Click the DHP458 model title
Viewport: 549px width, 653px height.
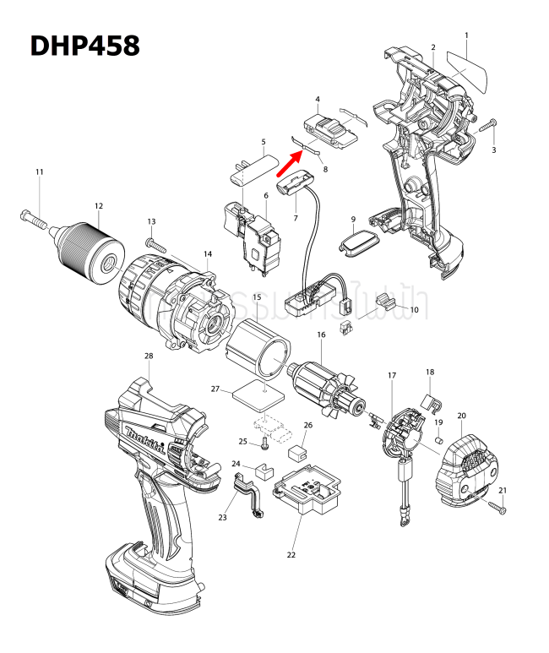coord(84,46)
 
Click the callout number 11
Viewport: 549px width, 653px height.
coord(39,172)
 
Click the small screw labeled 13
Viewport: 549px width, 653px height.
coord(158,242)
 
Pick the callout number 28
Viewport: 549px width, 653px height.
coord(149,356)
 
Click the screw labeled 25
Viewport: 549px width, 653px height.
coord(264,443)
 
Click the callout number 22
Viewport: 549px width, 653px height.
coord(291,555)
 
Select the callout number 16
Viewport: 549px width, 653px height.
coord(321,335)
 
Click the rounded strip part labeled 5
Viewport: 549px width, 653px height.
coord(256,170)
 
